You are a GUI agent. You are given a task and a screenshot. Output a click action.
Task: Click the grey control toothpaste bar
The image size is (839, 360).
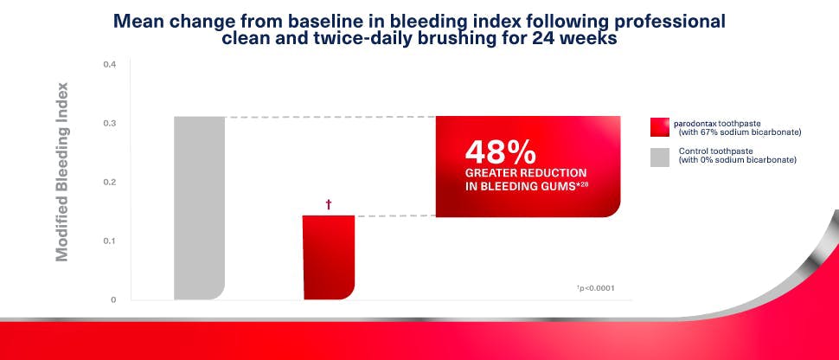[x=199, y=208]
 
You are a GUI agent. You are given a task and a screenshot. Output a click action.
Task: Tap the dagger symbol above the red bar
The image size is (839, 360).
[x=329, y=205]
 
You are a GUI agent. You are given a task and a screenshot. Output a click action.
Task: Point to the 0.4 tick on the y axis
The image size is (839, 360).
[x=109, y=65]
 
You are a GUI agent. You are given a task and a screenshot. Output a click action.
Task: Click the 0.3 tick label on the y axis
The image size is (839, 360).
[x=109, y=124]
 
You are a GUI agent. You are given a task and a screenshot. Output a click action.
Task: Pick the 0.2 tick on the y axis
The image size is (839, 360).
[x=109, y=183]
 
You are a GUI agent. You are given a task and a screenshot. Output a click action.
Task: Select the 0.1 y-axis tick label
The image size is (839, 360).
[x=109, y=241]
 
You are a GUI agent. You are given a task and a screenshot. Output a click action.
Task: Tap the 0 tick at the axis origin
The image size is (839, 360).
[x=112, y=299]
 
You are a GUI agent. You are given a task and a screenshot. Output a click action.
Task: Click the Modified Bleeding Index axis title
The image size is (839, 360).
[x=62, y=171]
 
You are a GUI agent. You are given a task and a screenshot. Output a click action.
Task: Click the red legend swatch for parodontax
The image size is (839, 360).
[x=660, y=127]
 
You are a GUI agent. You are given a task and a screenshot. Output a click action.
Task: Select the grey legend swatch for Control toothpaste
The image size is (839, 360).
[x=660, y=156]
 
